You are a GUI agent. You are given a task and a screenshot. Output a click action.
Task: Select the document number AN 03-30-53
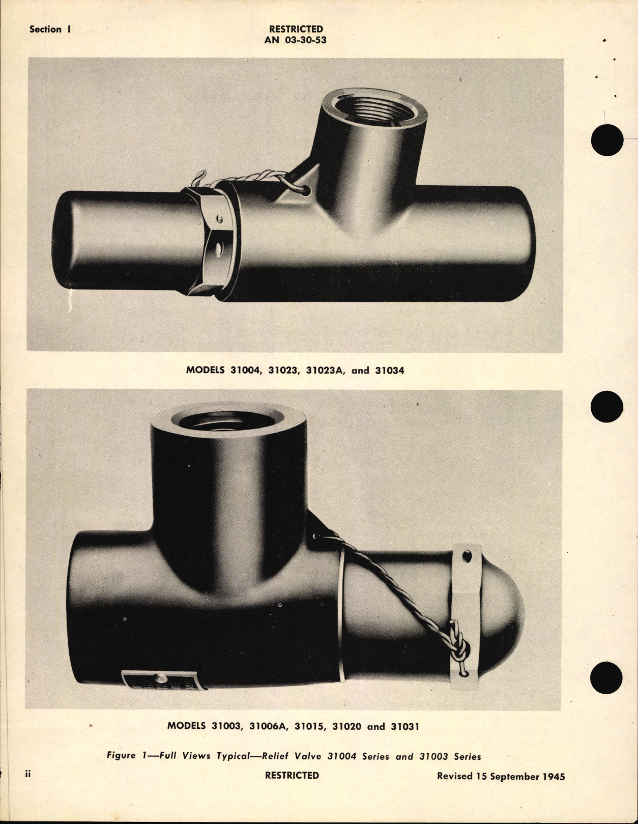pyautogui.click(x=295, y=40)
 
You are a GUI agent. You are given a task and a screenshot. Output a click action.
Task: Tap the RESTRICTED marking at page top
pyautogui.click(x=296, y=29)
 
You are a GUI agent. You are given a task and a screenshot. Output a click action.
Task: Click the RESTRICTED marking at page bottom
pyautogui.click(x=292, y=775)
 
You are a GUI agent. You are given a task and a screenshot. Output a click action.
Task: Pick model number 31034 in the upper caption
pyautogui.click(x=389, y=371)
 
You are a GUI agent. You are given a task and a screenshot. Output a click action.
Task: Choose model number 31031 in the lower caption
pyautogui.click(x=405, y=726)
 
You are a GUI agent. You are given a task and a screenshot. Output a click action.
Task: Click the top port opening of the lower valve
pyautogui.click(x=228, y=420)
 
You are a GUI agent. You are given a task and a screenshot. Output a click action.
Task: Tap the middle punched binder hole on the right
pyautogui.click(x=607, y=407)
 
